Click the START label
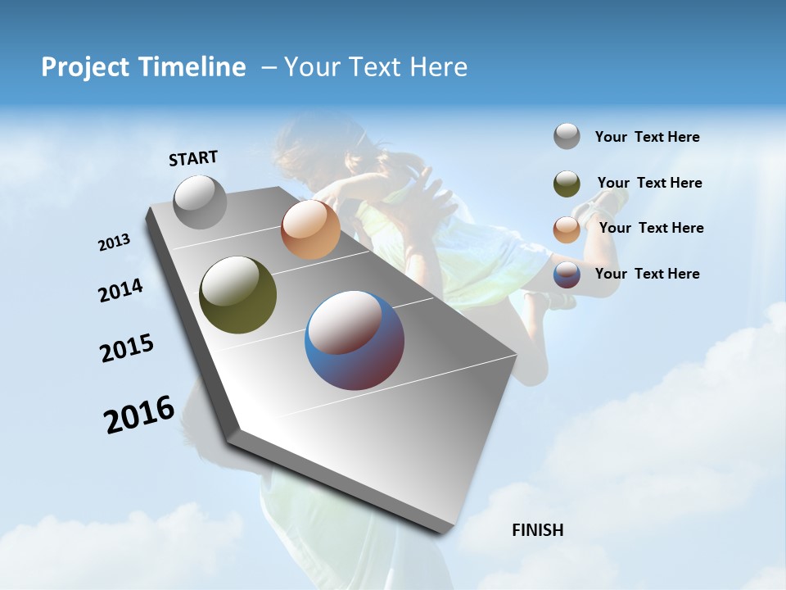(193, 158)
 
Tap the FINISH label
(537, 530)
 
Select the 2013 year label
(114, 243)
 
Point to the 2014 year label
(120, 291)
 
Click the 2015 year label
(127, 348)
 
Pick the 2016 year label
(139, 415)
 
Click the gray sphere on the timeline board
(200, 202)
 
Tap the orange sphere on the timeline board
(310, 229)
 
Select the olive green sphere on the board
(237, 295)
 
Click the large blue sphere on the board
(355, 340)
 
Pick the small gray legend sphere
(567, 137)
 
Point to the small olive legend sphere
(567, 184)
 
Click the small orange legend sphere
(567, 229)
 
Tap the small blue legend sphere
(567, 275)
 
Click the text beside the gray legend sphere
(647, 137)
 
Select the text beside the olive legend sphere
(649, 183)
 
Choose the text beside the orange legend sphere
(651, 228)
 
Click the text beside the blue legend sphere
(647, 274)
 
